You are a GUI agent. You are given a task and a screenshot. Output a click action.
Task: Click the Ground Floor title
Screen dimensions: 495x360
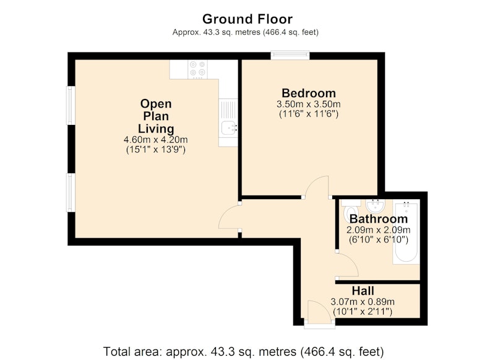[x=247, y=19]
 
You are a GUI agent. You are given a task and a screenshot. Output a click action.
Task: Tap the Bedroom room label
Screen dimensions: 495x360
[x=308, y=93]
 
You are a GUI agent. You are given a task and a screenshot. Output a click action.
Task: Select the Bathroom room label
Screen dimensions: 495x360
[x=379, y=218]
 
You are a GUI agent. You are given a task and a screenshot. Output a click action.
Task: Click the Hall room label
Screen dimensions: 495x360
[x=363, y=291]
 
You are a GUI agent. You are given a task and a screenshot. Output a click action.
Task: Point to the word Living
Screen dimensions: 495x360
[x=156, y=129]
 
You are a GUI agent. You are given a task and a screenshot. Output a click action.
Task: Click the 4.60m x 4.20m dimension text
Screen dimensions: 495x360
[x=156, y=139]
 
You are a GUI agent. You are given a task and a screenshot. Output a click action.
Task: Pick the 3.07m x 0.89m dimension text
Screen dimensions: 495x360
[x=363, y=302]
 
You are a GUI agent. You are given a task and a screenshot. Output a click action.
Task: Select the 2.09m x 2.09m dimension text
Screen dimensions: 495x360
[x=379, y=229]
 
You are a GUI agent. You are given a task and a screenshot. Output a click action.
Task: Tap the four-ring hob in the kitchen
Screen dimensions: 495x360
[x=197, y=69]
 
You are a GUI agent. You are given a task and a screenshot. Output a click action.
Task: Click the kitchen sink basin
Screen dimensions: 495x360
[x=228, y=128]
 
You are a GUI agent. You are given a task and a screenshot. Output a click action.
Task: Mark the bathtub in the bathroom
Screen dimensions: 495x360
[x=406, y=232]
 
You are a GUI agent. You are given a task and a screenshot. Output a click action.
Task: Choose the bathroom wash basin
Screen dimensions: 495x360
[x=375, y=206]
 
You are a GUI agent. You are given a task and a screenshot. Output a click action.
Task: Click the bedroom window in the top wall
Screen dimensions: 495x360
[x=290, y=56]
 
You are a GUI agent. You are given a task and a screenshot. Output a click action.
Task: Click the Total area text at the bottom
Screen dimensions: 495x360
[x=243, y=351]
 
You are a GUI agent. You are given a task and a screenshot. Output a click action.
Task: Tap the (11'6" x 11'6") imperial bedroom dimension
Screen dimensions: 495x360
[x=308, y=114]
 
